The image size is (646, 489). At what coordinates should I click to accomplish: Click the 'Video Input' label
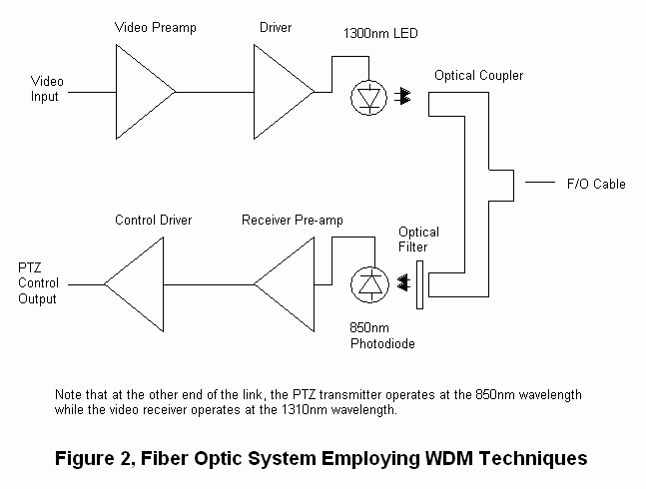tap(47, 89)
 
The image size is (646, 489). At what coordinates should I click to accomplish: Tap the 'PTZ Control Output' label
tap(37, 283)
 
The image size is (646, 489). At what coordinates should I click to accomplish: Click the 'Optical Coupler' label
tap(478, 76)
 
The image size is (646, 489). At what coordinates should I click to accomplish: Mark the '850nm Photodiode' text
tap(382, 335)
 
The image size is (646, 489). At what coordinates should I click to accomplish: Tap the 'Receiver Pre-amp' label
tap(292, 220)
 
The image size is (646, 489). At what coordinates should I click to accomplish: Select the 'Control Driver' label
tap(153, 220)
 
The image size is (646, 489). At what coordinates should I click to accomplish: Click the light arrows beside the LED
tap(406, 97)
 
